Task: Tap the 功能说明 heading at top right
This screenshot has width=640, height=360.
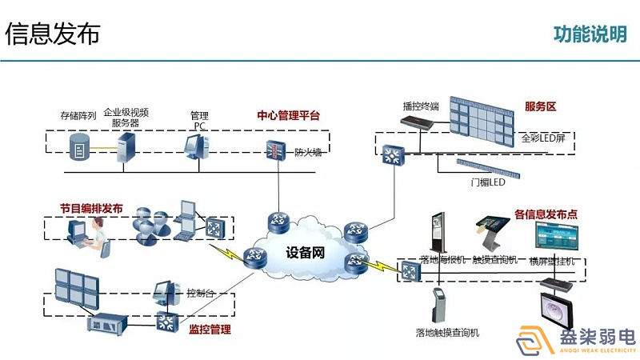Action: [590, 34]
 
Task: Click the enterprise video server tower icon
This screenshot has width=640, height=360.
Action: [126, 147]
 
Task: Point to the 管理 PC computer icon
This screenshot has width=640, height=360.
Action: [196, 146]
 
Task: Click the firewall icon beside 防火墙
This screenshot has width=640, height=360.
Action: [276, 150]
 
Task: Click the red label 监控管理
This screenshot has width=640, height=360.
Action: [210, 329]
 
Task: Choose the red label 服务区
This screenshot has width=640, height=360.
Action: [540, 106]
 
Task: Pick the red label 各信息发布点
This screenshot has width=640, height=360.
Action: [546, 214]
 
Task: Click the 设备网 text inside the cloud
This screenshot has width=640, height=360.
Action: [306, 254]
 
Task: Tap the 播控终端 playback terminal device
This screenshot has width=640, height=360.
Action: [418, 122]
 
